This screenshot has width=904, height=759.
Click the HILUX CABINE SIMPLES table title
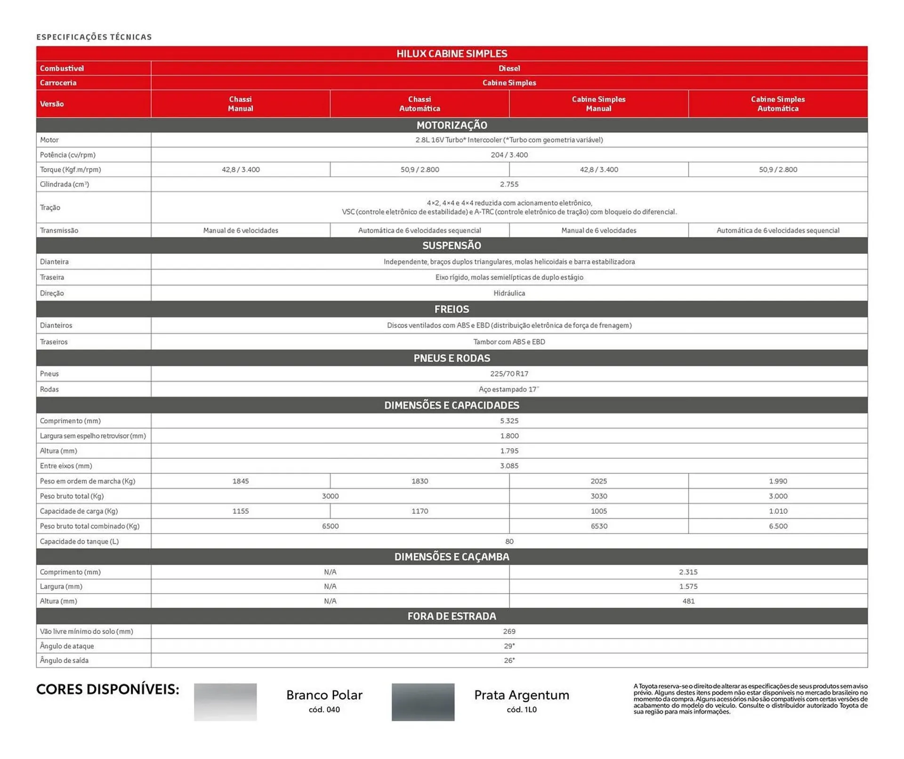451,54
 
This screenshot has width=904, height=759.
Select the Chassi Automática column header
419,104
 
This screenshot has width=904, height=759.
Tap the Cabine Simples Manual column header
598,104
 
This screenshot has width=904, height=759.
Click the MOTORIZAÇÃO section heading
451,125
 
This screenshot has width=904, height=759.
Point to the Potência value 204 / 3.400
508,155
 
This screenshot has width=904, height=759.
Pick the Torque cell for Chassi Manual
241,170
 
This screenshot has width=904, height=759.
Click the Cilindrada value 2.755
508,184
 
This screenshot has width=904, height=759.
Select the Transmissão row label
59,230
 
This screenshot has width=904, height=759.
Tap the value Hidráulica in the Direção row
508,293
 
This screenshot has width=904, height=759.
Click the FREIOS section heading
451,309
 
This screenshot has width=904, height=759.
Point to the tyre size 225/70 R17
508,373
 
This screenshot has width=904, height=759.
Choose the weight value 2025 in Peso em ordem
598,481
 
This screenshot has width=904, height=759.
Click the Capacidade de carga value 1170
419,511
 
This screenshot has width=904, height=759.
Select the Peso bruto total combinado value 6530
598,526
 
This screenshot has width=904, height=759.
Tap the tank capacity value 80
508,541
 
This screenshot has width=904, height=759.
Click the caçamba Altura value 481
688,601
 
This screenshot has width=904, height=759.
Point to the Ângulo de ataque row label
67,646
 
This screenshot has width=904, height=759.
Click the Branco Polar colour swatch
225,702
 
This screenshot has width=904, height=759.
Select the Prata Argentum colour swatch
422,702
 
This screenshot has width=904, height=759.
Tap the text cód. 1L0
521,710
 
